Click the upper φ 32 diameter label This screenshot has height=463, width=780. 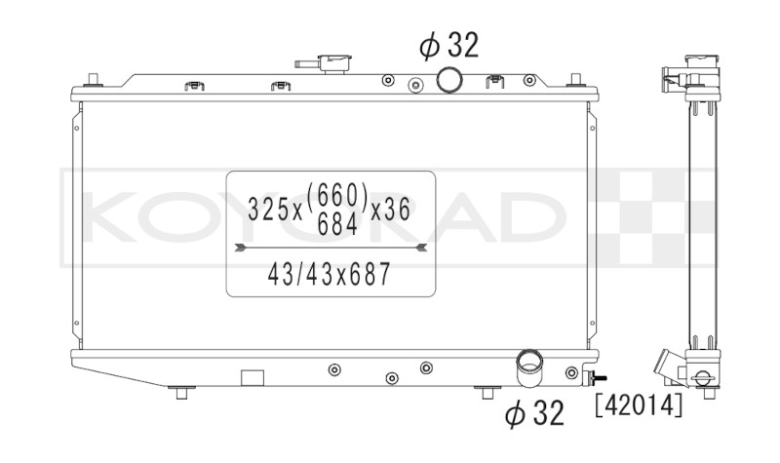(x=448, y=46)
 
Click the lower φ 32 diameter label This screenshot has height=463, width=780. (x=534, y=412)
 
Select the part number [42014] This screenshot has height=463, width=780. (x=640, y=405)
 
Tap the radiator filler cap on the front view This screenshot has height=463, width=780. (x=335, y=63)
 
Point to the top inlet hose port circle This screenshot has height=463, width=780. (x=449, y=80)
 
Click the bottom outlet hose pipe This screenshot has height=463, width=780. (x=528, y=368)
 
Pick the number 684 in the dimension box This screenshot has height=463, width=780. (x=337, y=226)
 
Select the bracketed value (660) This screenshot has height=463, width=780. (x=337, y=195)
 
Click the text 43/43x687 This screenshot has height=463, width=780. (x=330, y=274)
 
